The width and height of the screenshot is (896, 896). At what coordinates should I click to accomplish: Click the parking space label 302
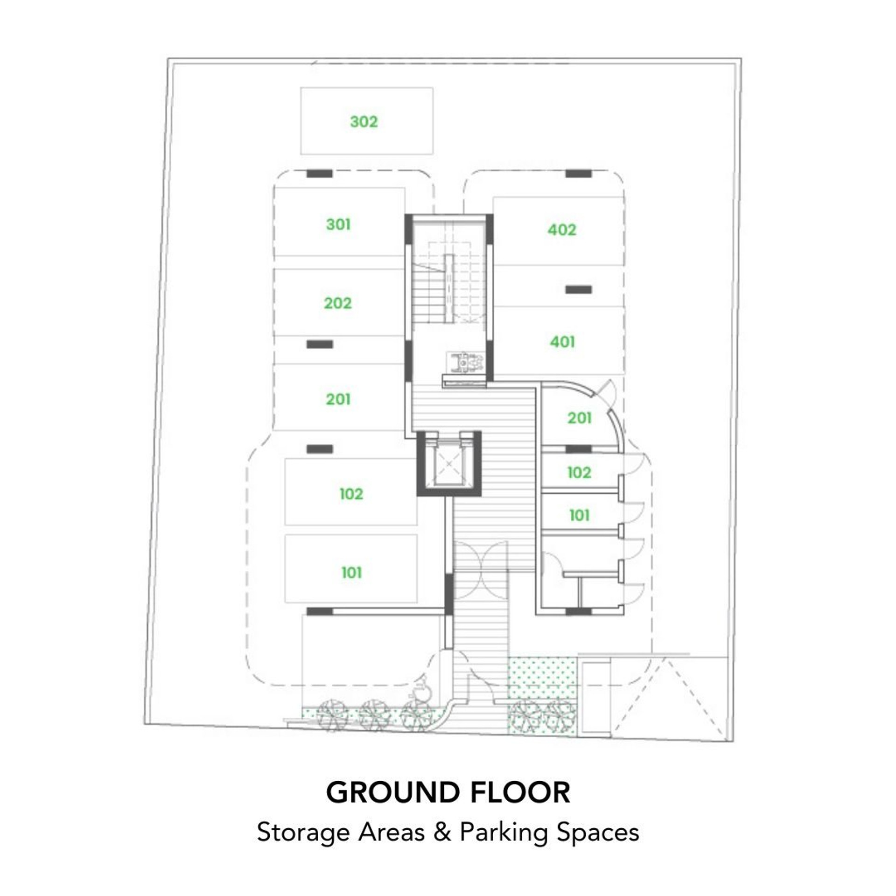coord(364,122)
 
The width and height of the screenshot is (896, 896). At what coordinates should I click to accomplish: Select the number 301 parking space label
coord(338,224)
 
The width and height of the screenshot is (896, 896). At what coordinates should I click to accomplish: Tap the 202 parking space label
coord(338,303)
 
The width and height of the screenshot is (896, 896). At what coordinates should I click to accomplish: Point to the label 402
coord(562,230)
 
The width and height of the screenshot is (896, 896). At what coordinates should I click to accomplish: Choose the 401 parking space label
coord(562,342)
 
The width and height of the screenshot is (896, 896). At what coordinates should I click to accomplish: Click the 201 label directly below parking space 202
coord(338,399)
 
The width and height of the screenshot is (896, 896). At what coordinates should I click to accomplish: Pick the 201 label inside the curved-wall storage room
coord(579,418)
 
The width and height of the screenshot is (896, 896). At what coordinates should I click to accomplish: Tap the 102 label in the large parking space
coord(351,494)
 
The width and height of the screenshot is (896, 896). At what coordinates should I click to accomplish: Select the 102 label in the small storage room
coord(579,472)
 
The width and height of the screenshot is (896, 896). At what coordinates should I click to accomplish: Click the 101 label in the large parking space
coord(351,573)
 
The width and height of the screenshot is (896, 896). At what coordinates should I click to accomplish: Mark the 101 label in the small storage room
coord(579,515)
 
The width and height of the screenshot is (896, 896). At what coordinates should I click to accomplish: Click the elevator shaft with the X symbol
coord(448,463)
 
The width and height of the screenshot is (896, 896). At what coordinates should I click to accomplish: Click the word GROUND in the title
coord(392,792)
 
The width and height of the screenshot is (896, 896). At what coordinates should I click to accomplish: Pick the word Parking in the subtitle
coord(504,833)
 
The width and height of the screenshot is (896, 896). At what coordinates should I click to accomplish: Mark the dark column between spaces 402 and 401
coord(579,290)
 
